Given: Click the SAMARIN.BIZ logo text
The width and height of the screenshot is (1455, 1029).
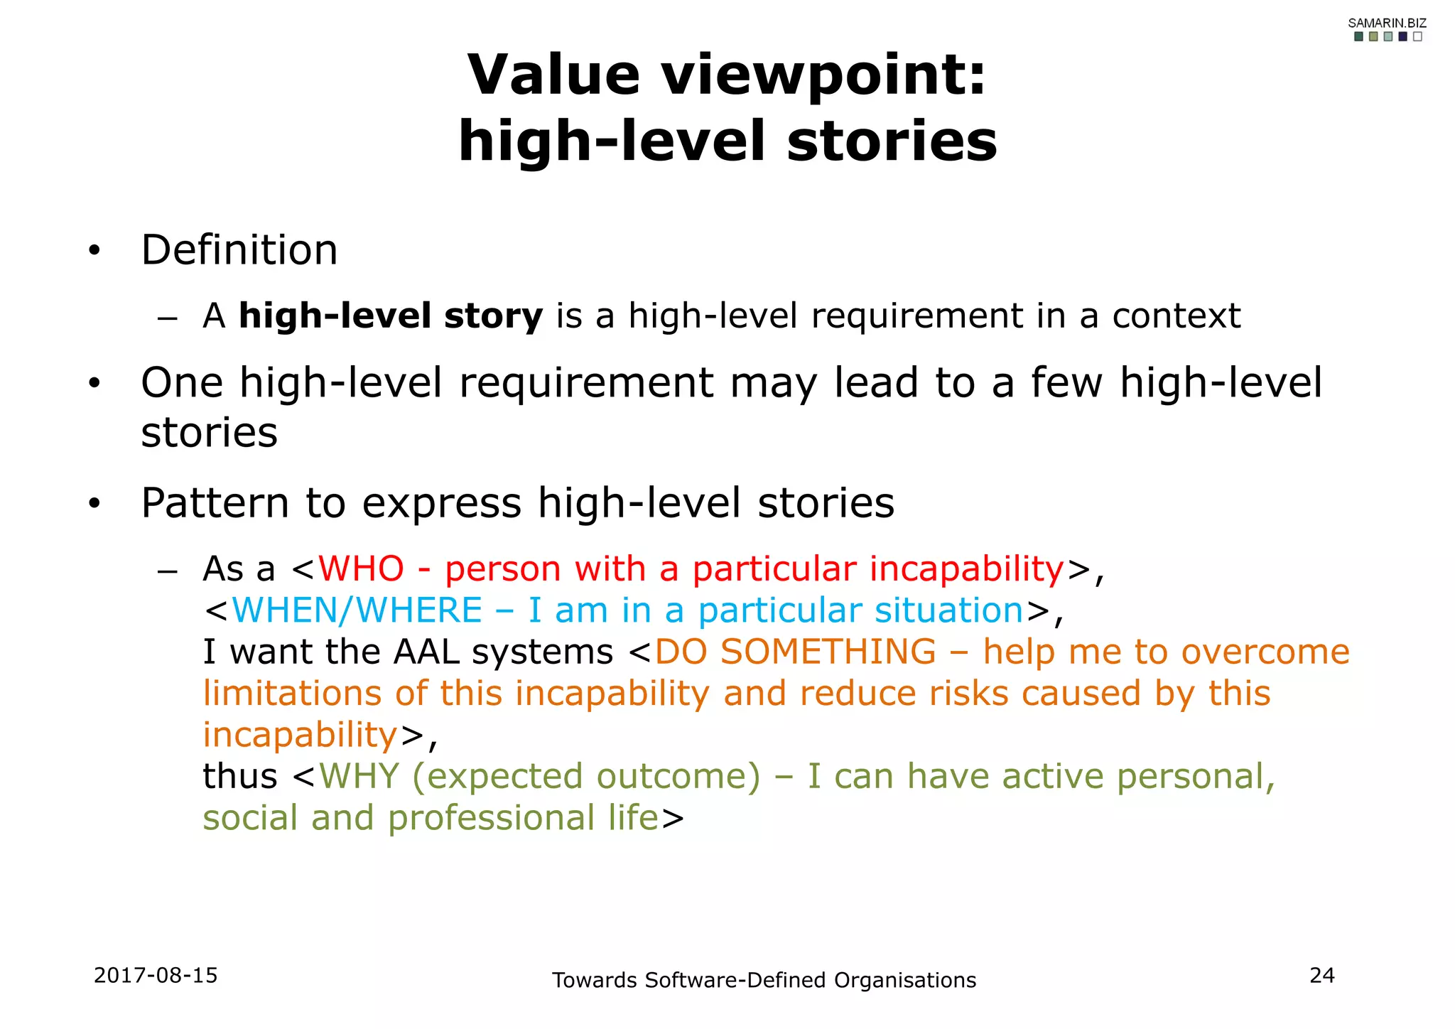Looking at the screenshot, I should pyautogui.click(x=1387, y=23).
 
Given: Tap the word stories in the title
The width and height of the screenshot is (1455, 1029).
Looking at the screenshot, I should pyautogui.click(x=892, y=141).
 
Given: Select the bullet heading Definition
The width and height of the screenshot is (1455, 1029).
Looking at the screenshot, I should pyautogui.click(x=239, y=250).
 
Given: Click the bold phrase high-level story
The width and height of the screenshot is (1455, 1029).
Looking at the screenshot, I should pyautogui.click(x=391, y=316).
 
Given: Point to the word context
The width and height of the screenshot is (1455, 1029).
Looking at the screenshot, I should pyautogui.click(x=1176, y=316).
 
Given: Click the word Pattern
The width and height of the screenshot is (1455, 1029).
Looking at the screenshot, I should pyautogui.click(x=215, y=503).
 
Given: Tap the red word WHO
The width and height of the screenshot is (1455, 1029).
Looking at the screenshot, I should pyautogui.click(x=361, y=569).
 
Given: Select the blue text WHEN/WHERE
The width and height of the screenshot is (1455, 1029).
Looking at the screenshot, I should pyautogui.click(x=357, y=610).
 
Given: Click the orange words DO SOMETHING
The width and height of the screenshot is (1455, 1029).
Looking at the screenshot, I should pyautogui.click(x=795, y=652).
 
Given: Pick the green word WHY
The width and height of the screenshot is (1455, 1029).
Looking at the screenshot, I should pyautogui.click(x=359, y=776).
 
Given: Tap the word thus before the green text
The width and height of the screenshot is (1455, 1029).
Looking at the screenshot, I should pyautogui.click(x=239, y=776).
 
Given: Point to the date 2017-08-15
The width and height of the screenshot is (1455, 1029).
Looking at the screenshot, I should pyautogui.click(x=156, y=975).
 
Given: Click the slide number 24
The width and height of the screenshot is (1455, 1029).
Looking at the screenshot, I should pyautogui.click(x=1321, y=975).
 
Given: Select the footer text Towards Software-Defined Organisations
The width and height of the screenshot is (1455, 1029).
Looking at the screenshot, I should pyautogui.click(x=764, y=980).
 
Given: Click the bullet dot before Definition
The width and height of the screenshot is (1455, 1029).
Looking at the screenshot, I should pyautogui.click(x=94, y=252).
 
